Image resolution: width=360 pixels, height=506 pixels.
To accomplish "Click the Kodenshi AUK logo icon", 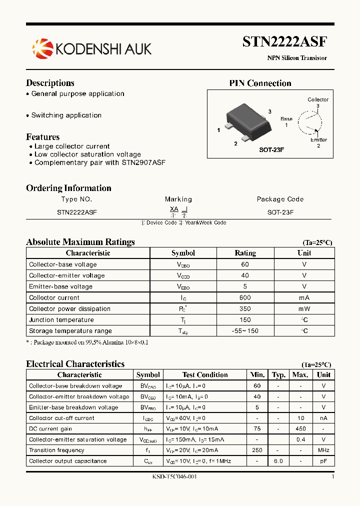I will click(x=42, y=48).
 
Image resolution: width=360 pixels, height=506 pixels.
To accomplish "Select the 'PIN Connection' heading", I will click(x=260, y=83).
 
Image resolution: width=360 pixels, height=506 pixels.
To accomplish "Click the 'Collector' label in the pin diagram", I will click(x=318, y=99).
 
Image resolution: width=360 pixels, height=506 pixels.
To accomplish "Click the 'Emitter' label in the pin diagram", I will click(x=318, y=140).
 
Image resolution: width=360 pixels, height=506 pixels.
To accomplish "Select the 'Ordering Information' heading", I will click(x=68, y=188).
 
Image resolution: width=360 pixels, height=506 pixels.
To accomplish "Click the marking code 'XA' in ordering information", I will click(x=174, y=209).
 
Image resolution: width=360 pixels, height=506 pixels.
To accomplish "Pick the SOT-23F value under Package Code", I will click(x=280, y=212).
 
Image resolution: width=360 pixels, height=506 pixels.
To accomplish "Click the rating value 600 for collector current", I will click(x=245, y=297).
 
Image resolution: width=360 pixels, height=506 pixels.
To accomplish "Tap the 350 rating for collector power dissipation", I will click(x=245, y=308).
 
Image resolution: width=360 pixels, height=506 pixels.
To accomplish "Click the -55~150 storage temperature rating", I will click(x=245, y=331).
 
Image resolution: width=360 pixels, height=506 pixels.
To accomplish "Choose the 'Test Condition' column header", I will click(x=205, y=374).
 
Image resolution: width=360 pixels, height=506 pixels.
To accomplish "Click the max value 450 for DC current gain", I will click(x=300, y=428).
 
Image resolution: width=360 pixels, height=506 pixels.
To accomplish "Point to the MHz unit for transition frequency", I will click(x=323, y=450).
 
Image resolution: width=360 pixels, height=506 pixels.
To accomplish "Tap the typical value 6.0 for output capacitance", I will click(x=278, y=461).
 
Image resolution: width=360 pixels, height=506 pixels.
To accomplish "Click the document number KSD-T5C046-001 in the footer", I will click(x=174, y=476).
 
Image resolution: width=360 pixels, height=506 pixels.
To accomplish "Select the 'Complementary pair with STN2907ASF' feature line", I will click(x=100, y=162).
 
